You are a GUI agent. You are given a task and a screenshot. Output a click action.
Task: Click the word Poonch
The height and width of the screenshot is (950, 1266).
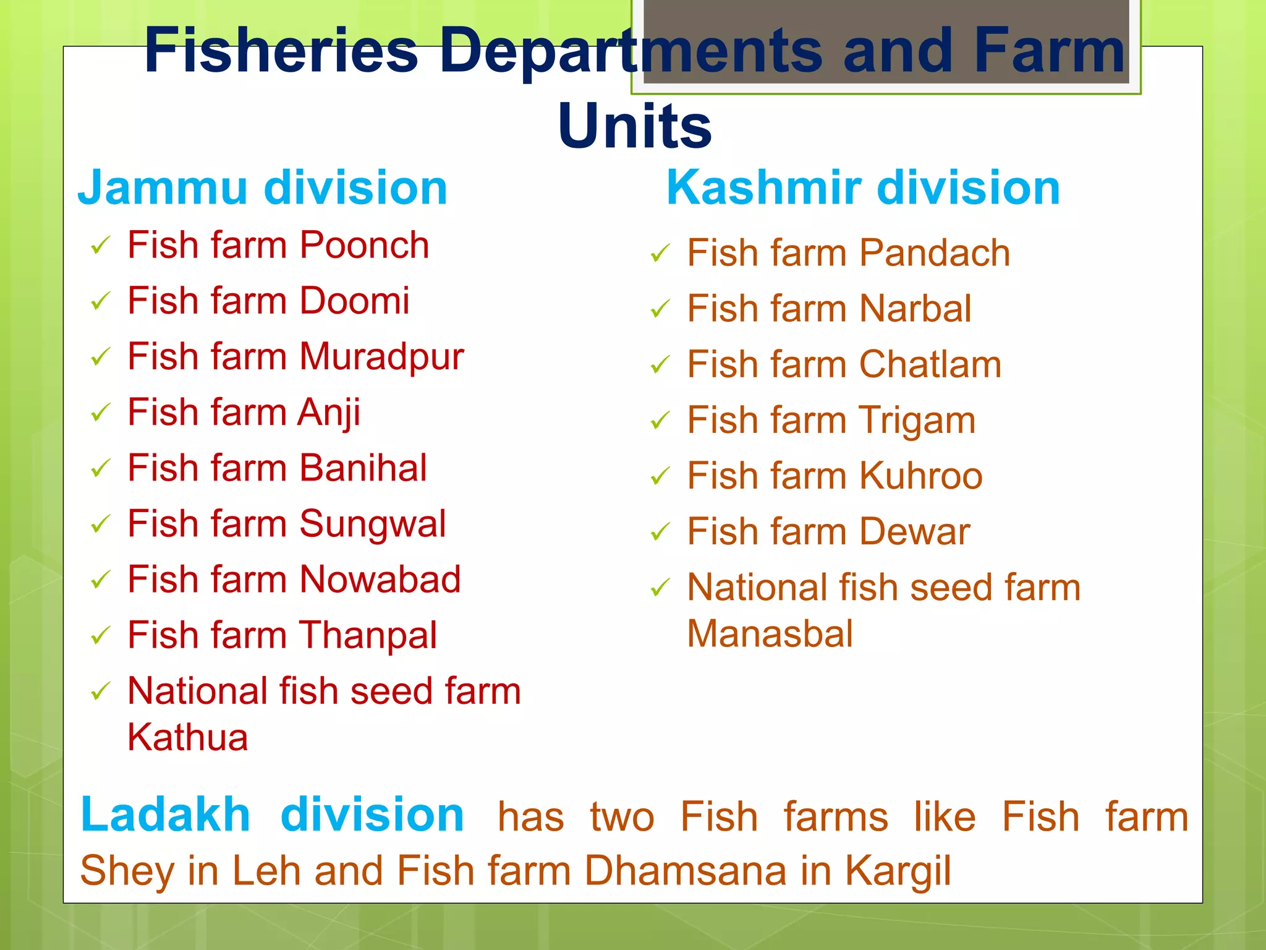pyautogui.click(x=364, y=245)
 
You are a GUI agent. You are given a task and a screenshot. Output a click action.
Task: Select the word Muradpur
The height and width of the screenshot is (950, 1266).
pyautogui.click(x=381, y=357)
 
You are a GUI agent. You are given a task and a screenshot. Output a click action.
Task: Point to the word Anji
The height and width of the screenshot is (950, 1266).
pyautogui.click(x=329, y=413)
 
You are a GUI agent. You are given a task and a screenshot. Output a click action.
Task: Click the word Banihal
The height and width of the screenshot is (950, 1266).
pyautogui.click(x=363, y=468)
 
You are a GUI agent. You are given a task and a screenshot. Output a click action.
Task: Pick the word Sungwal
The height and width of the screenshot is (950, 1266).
pyautogui.click(x=372, y=524)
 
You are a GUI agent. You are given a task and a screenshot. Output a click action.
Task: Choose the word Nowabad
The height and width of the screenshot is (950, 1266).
pyautogui.click(x=380, y=580)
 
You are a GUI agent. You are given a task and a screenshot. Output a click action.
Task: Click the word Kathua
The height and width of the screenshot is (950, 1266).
pyautogui.click(x=187, y=737)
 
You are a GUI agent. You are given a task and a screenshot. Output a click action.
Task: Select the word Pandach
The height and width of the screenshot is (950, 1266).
pyautogui.click(x=935, y=253)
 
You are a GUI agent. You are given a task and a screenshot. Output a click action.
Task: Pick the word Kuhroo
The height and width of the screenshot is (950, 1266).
pyautogui.click(x=920, y=476)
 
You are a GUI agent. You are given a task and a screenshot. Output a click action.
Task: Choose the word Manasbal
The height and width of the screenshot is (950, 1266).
pyautogui.click(x=770, y=633)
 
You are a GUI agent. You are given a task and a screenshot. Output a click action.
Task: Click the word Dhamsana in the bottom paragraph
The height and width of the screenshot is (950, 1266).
pyautogui.click(x=686, y=871)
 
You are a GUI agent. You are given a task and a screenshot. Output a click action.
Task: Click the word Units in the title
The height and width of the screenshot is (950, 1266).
pyautogui.click(x=634, y=126)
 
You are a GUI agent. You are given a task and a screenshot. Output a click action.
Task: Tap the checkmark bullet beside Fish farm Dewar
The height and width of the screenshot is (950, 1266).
pyautogui.click(x=660, y=532)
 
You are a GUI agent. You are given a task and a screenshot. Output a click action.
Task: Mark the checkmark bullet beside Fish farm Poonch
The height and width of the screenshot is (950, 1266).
pyautogui.click(x=100, y=246)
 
